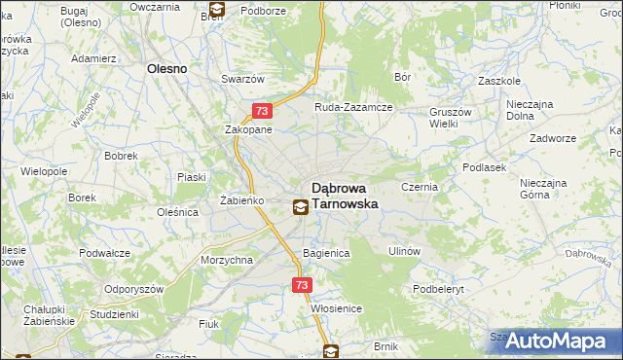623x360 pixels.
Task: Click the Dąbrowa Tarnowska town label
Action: click(x=345, y=197)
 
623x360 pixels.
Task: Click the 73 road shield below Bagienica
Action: click(x=301, y=285)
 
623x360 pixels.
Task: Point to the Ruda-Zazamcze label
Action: click(x=352, y=107)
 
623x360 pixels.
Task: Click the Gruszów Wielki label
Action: click(x=449, y=118)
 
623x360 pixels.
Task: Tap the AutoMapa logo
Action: click(x=555, y=342)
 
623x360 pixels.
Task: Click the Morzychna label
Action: click(x=226, y=261)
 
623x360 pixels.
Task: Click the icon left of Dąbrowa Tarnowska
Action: click(x=300, y=206)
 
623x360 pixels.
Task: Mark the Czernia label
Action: click(x=421, y=185)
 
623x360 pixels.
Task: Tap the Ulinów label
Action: click(x=403, y=250)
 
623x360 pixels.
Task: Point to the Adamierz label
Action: click(x=94, y=58)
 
